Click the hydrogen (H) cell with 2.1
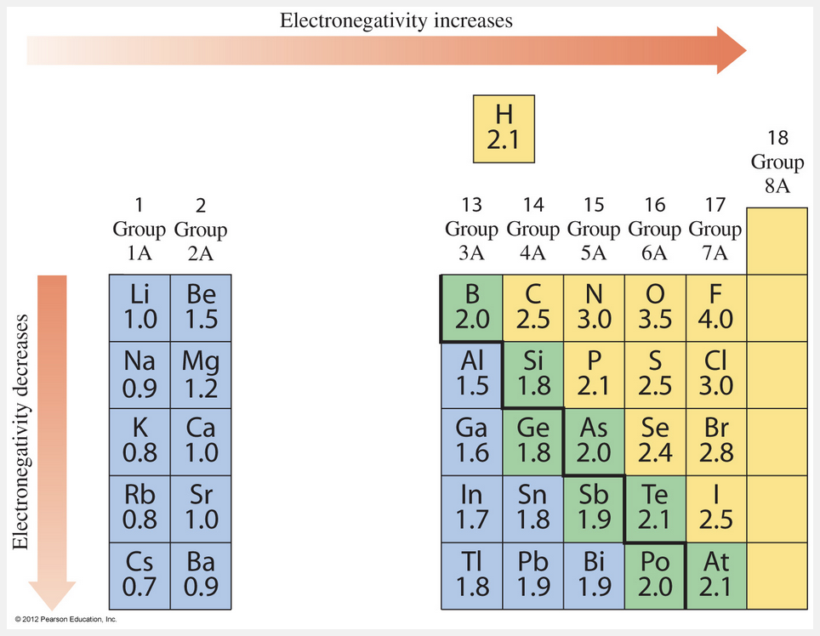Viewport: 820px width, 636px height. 504,128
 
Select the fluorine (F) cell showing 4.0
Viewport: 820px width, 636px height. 715,308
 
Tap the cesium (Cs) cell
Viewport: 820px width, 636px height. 140,576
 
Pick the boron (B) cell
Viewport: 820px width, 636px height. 471,308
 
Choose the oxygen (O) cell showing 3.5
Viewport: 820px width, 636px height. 654,308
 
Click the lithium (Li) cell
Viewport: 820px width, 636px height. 140,308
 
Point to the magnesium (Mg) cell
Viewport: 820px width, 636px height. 200,375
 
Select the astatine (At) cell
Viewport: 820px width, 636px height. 715,576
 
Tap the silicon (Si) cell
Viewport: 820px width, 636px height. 532,375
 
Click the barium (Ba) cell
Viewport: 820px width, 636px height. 200,576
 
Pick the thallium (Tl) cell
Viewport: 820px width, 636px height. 471,576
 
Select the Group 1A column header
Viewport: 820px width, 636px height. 140,230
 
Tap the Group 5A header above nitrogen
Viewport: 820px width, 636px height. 593,230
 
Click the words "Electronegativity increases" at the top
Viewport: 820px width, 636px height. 396,20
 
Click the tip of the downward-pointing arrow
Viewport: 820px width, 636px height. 53,605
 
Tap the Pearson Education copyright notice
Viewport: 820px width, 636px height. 65,620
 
